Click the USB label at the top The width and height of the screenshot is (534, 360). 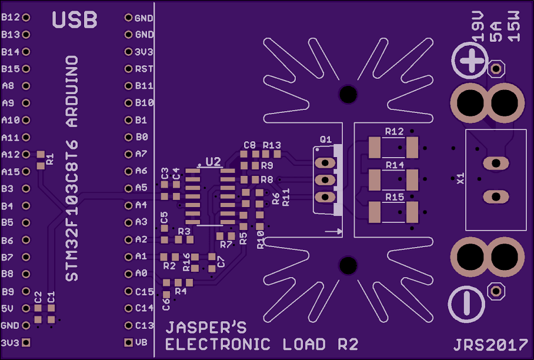75,20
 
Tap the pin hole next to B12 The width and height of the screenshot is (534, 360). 25,18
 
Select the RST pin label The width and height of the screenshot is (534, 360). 144,69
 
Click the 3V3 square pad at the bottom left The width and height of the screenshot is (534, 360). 25,342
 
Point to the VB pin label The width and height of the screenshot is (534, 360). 141,342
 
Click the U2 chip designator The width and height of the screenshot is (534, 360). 212,161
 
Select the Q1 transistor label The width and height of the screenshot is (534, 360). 326,139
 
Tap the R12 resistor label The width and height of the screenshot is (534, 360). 394,131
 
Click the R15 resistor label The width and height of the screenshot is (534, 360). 394,196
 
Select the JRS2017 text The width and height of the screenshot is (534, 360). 490,345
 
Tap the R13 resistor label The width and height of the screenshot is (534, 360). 272,145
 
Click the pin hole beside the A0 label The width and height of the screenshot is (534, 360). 128,274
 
